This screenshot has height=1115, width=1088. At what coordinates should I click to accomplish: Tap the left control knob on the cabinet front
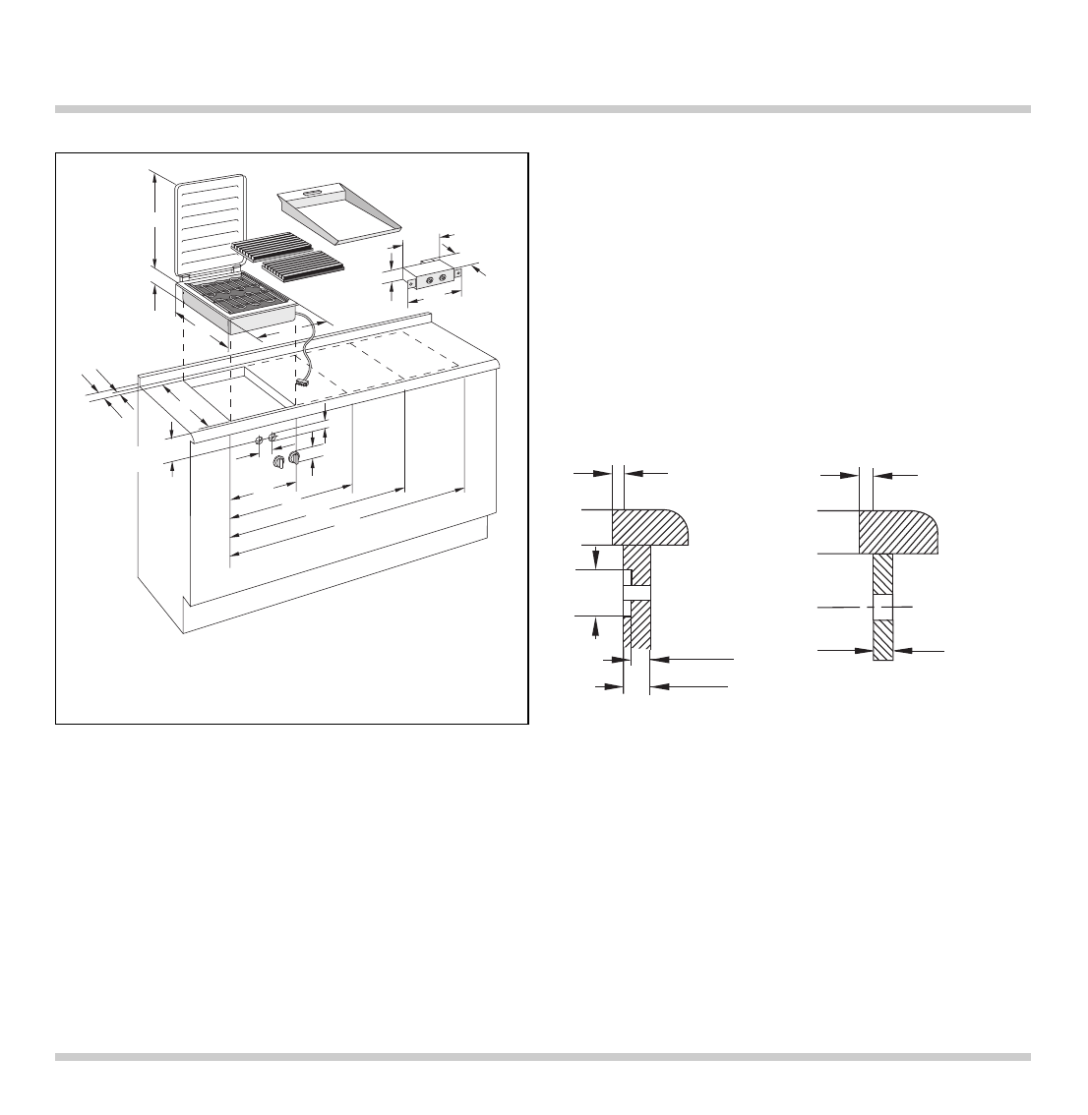278,463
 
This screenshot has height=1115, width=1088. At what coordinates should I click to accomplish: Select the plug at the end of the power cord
302,384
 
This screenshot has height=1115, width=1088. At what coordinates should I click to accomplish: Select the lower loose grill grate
301,264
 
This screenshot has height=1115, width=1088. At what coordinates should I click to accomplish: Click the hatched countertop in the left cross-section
649,526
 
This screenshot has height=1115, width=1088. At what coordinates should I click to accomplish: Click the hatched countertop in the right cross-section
897,531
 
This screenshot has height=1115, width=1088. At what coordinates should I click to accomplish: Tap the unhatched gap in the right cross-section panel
882,608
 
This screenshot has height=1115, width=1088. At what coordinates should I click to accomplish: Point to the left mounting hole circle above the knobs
259,440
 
